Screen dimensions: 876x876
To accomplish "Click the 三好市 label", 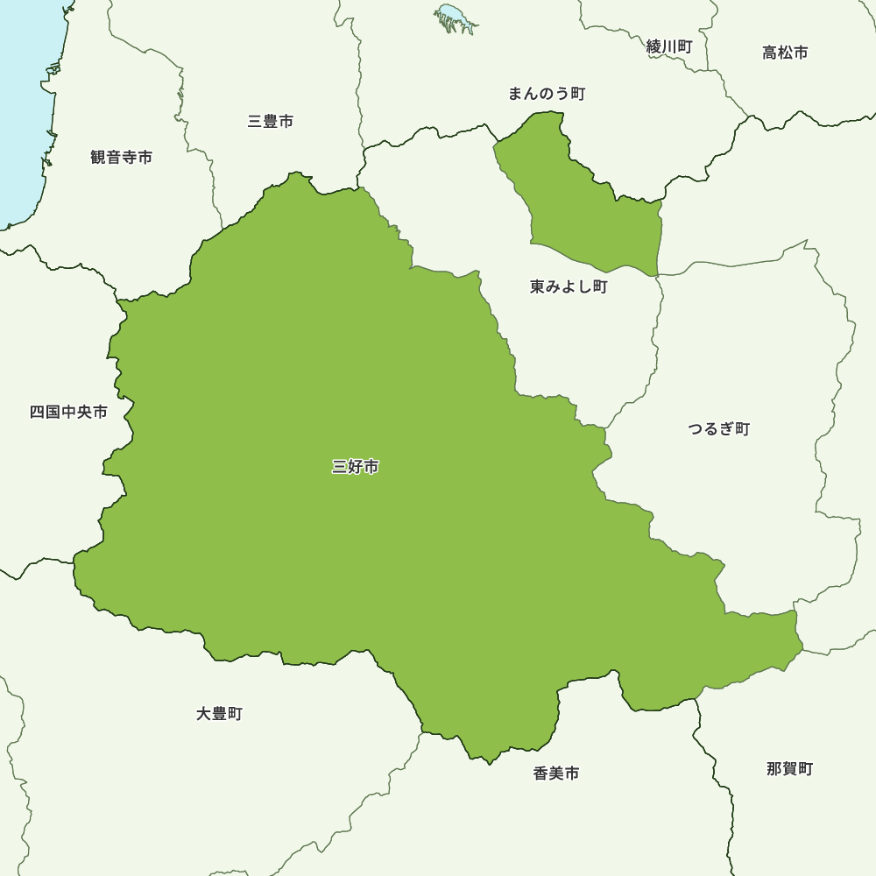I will (x=356, y=468).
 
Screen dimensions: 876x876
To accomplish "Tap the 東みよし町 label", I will (x=568, y=287).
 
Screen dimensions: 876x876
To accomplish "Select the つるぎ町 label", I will (x=718, y=429).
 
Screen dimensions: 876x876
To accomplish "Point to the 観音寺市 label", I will (x=121, y=158).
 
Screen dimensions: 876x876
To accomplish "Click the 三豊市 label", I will (x=271, y=122).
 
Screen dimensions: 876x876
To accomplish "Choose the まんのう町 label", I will (x=546, y=94).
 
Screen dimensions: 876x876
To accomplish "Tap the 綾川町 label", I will (x=669, y=47).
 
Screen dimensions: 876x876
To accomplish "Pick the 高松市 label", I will (x=785, y=53).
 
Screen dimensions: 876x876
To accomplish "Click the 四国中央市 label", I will (x=68, y=412).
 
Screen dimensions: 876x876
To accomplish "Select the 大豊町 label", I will (x=219, y=714).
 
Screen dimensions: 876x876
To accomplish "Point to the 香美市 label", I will (x=555, y=774).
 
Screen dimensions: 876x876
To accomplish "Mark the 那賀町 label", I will (x=789, y=769).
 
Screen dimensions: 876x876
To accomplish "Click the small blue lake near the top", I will (x=453, y=15).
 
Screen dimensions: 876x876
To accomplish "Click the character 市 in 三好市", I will (x=371, y=468).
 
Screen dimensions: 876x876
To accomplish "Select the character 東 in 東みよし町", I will (x=537, y=287).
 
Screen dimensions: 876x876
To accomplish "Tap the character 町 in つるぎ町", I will (x=742, y=429).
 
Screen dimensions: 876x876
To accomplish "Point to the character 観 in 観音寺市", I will (x=98, y=158).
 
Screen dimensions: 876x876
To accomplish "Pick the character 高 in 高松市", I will (x=770, y=53).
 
